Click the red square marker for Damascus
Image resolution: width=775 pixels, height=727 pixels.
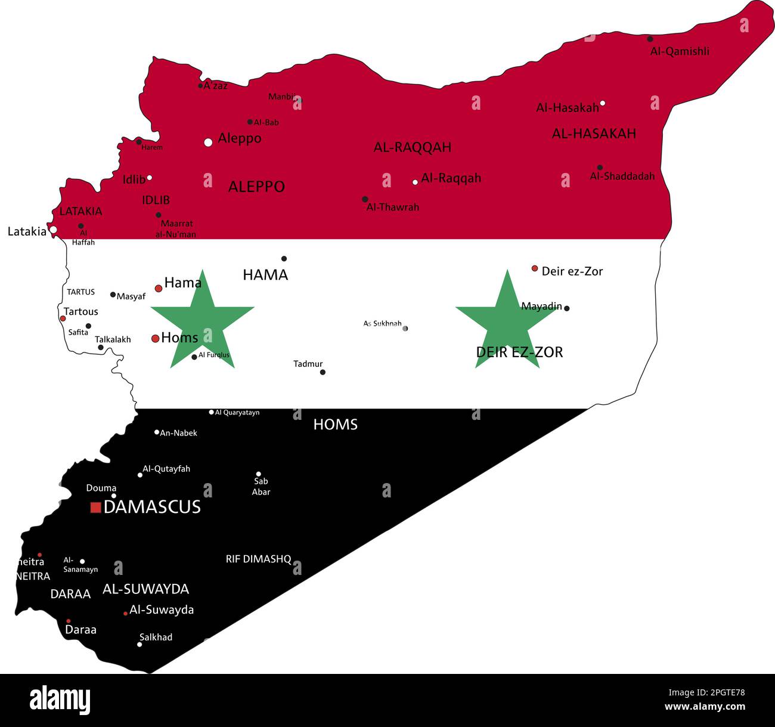(x=95, y=508)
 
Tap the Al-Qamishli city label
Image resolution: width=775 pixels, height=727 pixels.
(x=680, y=51)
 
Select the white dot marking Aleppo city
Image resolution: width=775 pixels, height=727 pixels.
(x=208, y=142)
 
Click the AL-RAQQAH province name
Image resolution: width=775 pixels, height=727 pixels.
(x=412, y=147)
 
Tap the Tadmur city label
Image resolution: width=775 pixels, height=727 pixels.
(x=308, y=364)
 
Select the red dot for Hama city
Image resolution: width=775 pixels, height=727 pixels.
(x=159, y=288)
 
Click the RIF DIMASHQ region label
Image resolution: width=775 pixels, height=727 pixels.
(x=258, y=559)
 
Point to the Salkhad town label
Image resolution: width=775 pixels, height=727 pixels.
(x=156, y=637)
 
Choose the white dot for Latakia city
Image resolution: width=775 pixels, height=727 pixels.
(x=53, y=230)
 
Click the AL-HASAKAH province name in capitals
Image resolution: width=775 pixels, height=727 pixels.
(x=594, y=134)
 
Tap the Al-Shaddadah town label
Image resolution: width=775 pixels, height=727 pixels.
(x=622, y=176)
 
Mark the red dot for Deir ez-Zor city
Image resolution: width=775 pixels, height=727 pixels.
(x=535, y=268)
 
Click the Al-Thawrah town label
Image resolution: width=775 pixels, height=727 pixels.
(x=393, y=207)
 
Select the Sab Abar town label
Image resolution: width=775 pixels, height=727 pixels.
(x=261, y=487)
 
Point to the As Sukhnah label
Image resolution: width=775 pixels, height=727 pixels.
(x=383, y=324)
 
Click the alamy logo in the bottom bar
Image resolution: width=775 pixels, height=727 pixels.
(x=60, y=699)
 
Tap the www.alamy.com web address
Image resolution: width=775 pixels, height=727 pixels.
(x=705, y=707)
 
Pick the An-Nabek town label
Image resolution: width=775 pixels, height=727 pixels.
(x=178, y=433)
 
